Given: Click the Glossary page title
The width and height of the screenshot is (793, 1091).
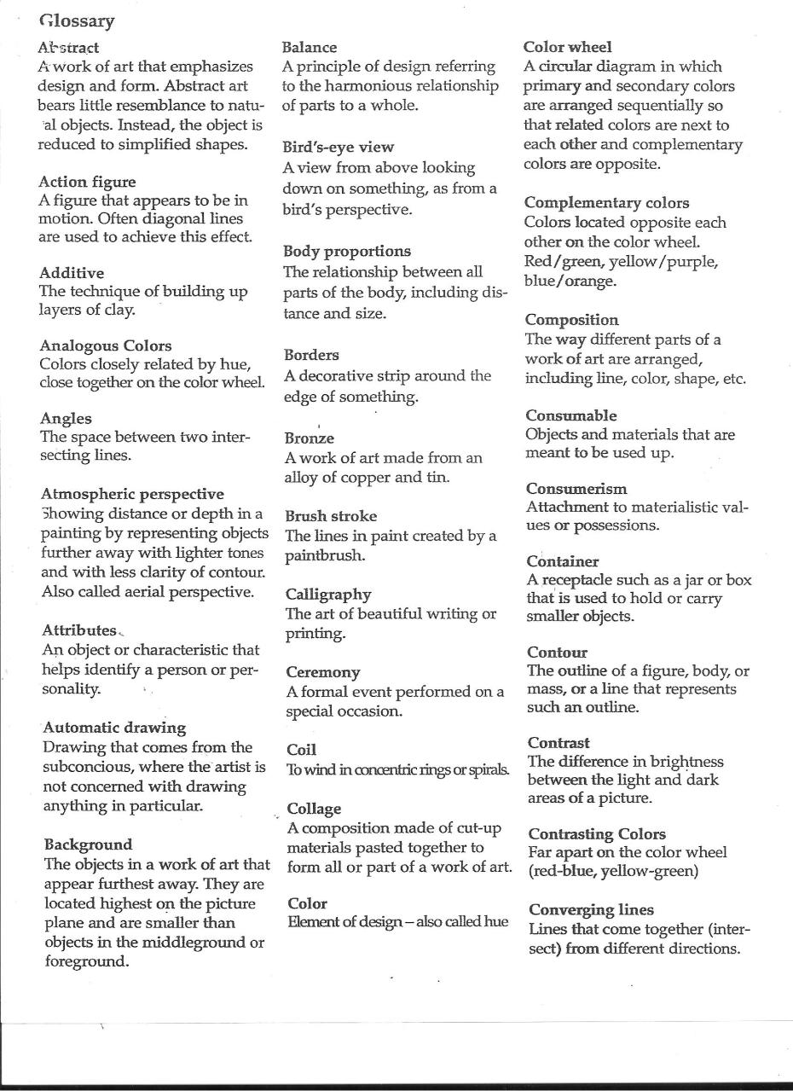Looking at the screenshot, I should click(77, 20).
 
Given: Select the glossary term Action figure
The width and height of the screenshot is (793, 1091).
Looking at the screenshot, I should click(87, 182).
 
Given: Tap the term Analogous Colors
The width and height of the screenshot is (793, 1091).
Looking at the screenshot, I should click(106, 345).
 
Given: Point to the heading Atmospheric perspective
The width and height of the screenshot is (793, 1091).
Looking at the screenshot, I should click(132, 494).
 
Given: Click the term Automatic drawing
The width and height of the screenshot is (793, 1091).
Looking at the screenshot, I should click(114, 728).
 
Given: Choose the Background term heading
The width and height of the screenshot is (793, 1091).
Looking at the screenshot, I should click(88, 844).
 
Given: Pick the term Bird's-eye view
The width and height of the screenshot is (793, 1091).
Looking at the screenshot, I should click(338, 147).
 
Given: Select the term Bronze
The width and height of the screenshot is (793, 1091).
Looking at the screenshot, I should click(309, 438).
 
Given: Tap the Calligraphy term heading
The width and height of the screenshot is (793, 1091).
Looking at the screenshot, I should click(328, 594).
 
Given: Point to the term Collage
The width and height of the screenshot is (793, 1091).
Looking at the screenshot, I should click(314, 809).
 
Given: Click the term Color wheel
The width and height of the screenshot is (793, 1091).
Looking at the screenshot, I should click(567, 47).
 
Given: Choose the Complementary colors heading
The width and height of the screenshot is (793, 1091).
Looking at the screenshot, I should click(606, 203).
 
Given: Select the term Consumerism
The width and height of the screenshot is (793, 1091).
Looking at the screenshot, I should click(576, 489).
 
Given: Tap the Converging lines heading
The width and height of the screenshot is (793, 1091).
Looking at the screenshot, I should click(591, 909).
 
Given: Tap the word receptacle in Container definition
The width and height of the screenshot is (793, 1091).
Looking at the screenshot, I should click(580, 581).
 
